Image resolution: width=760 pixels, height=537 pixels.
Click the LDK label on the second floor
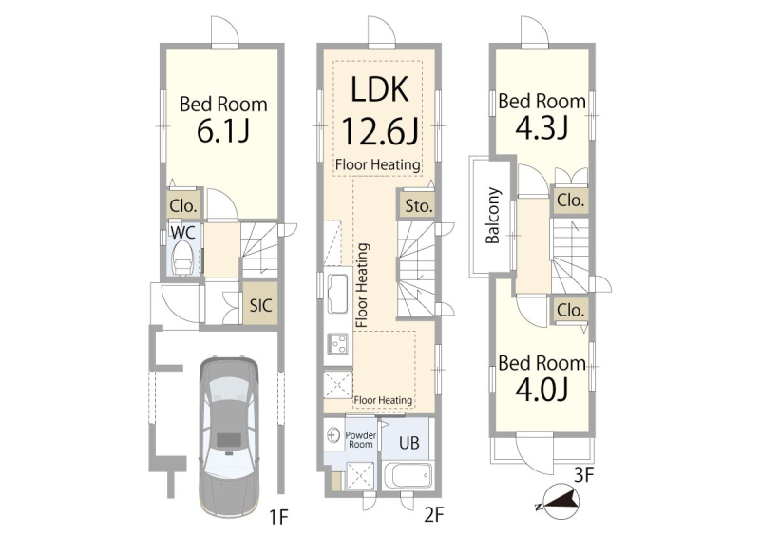(x=379, y=89)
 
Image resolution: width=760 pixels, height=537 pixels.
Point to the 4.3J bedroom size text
(x=541, y=127)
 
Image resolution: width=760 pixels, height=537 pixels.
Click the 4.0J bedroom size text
(x=541, y=390)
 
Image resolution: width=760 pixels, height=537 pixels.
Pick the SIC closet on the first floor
(x=260, y=304)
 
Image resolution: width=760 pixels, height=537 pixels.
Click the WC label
(x=182, y=232)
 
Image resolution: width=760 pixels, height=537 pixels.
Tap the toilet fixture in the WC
(x=182, y=259)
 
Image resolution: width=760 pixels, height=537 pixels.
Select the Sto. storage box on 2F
(x=417, y=205)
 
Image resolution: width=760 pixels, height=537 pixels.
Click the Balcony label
(x=492, y=215)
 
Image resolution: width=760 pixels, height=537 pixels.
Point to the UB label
(x=408, y=442)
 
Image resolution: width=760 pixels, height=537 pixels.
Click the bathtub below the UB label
(x=407, y=476)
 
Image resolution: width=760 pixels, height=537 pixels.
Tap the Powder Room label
(x=360, y=439)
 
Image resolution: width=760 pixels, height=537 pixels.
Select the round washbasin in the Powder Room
(x=334, y=434)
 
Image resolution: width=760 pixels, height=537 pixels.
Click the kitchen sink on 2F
(x=337, y=293)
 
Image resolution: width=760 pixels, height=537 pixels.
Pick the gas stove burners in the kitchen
(x=337, y=343)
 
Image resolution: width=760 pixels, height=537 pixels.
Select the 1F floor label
(x=278, y=518)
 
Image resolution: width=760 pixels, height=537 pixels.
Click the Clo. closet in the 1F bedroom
(x=183, y=205)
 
